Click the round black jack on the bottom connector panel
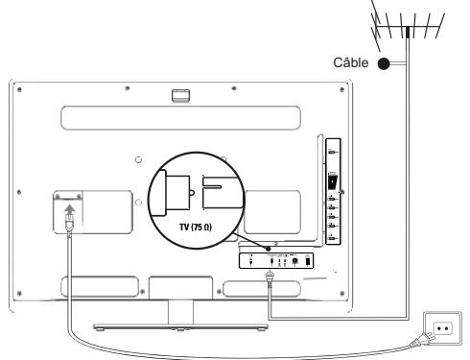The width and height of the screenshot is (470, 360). [x=294, y=259]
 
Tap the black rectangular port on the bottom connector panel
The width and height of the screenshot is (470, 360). [x=309, y=259]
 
